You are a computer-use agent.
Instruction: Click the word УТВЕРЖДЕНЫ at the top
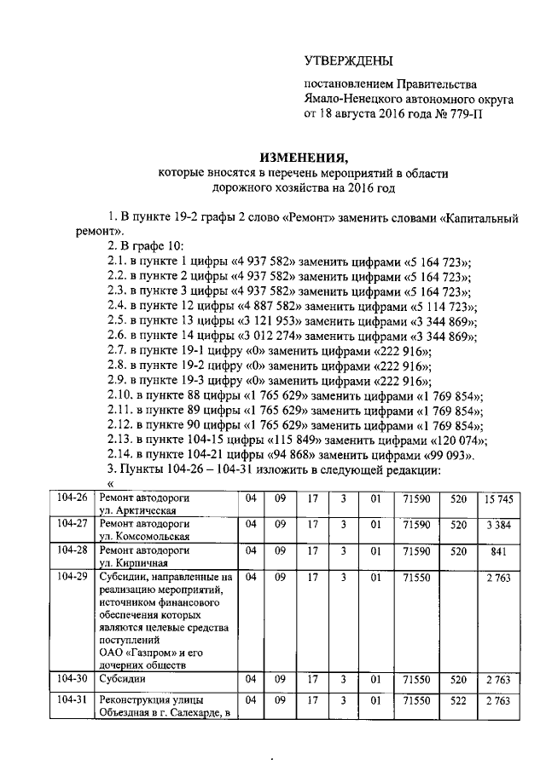349,60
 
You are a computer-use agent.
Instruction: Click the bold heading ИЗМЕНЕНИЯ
305,157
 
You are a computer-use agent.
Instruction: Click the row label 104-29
71,577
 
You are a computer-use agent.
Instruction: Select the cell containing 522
458,700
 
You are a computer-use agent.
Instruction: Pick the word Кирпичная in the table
131,563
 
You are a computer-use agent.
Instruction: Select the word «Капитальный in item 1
480,216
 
